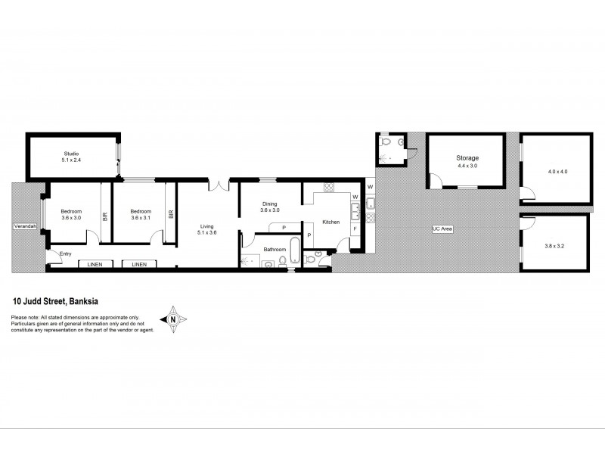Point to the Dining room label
tap(270, 204)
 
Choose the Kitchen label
tap(331, 222)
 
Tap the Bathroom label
tap(275, 249)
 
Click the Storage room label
tap(467, 158)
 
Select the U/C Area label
tap(442, 229)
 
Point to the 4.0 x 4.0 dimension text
tap(557, 172)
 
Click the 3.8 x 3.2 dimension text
tap(555, 246)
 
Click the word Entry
tap(66, 253)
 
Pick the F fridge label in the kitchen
tap(355, 229)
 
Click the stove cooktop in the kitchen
tap(330, 188)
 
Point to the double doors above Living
tap(219, 182)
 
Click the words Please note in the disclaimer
tap(25, 318)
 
